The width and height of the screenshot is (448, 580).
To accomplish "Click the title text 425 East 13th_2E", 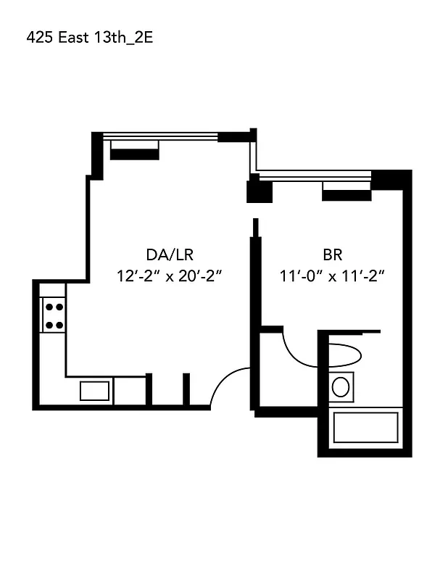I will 89,38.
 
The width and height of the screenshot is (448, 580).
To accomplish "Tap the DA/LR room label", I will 170,254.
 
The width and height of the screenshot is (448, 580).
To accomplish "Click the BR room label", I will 332,254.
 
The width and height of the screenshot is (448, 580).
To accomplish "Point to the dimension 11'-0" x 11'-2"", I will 331,276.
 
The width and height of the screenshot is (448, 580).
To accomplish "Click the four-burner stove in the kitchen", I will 53,316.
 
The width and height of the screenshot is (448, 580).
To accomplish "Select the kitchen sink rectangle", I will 94,391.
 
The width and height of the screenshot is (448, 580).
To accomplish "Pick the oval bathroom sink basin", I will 341,386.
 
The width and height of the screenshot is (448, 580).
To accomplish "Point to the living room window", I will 159,136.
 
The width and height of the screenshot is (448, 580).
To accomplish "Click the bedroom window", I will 314,174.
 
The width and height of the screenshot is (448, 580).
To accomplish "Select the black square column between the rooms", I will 259,191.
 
